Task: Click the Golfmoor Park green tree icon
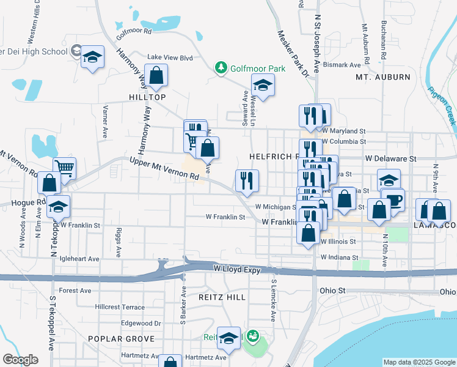[x=221, y=68]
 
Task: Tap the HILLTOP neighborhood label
[x=147, y=97]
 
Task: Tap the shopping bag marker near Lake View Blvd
[x=156, y=76]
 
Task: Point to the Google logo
[x=20, y=360]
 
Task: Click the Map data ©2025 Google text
[x=419, y=362]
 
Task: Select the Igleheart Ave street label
[x=79, y=259]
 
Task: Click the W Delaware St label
[x=390, y=158]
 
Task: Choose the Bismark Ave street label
[x=342, y=65]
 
